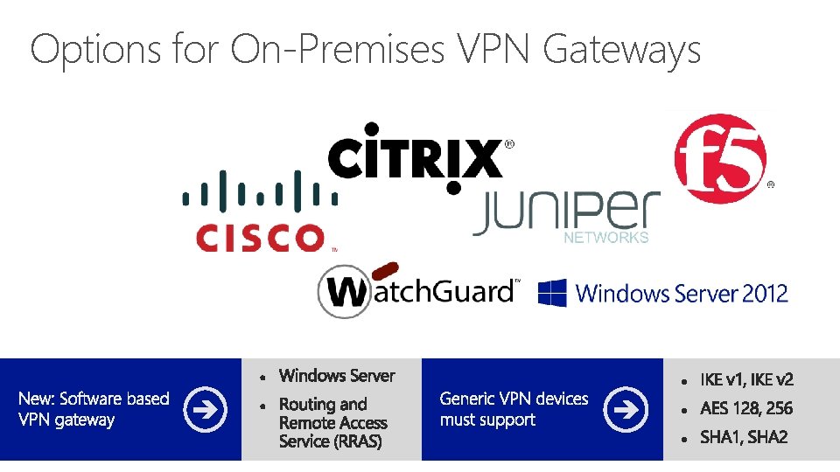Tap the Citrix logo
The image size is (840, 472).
(416, 157)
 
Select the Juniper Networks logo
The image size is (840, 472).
(564, 213)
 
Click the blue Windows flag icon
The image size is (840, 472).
(552, 292)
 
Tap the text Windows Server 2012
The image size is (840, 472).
(682, 294)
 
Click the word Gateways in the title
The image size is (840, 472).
(622, 49)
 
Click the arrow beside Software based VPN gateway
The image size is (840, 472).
(205, 408)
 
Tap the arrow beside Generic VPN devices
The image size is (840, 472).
(626, 408)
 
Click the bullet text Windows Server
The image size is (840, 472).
(337, 376)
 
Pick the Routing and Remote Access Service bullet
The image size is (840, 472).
(332, 423)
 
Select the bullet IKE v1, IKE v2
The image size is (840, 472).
(746, 379)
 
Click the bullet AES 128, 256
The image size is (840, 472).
(746, 408)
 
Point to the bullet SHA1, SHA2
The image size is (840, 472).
(744, 437)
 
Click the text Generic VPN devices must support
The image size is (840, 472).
(514, 409)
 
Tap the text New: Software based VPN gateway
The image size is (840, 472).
(94, 409)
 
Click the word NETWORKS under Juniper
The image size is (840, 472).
(606, 238)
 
